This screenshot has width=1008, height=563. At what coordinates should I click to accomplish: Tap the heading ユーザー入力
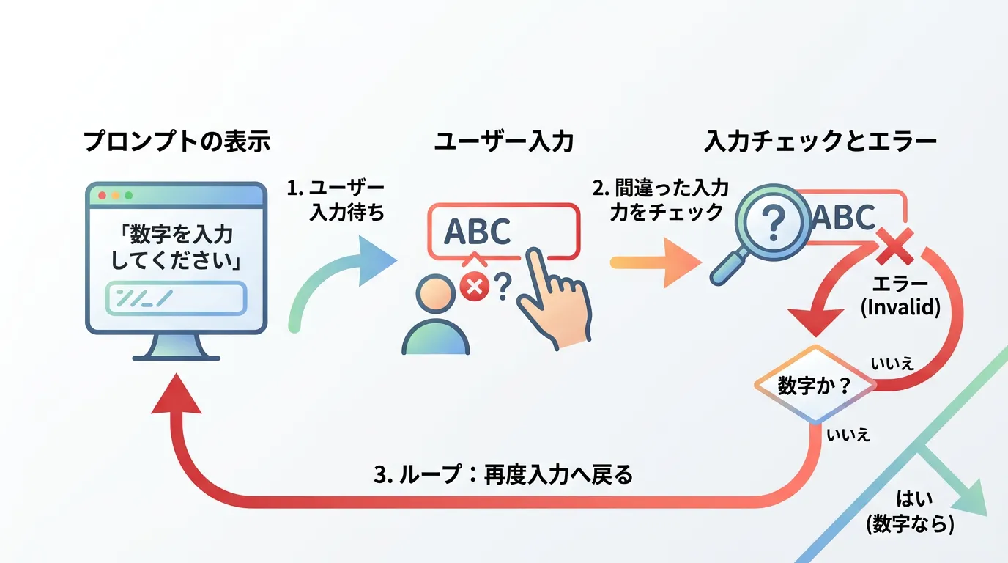(x=503, y=141)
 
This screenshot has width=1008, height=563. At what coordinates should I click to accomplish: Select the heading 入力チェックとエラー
(x=820, y=141)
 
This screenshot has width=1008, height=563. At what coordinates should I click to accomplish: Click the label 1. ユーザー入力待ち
(x=336, y=200)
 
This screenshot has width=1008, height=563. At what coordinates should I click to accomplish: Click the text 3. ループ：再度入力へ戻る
(x=503, y=474)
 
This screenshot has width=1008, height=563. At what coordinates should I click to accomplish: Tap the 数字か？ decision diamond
(x=814, y=386)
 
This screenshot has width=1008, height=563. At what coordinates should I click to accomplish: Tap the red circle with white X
(x=474, y=287)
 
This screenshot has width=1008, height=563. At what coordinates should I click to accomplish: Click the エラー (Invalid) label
(x=900, y=295)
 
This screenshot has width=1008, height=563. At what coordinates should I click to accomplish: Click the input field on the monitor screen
(x=176, y=298)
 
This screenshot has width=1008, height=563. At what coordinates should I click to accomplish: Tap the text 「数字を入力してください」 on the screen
(x=176, y=247)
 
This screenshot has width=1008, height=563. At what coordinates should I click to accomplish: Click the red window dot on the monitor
(x=102, y=196)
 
